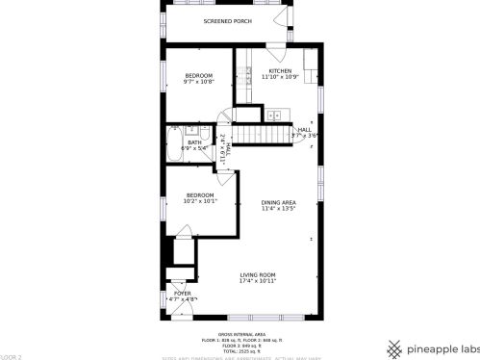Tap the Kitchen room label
click(280, 71)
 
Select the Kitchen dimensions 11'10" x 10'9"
click(280, 77)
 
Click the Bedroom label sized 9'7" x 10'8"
click(199, 75)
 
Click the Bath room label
click(195, 142)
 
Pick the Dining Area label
click(278, 201)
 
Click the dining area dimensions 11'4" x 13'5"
click(278, 208)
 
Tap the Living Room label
click(258, 274)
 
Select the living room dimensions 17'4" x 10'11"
click(258, 281)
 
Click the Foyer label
click(182, 293)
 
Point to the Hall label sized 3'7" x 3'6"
click(304, 130)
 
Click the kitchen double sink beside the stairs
click(274, 116)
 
